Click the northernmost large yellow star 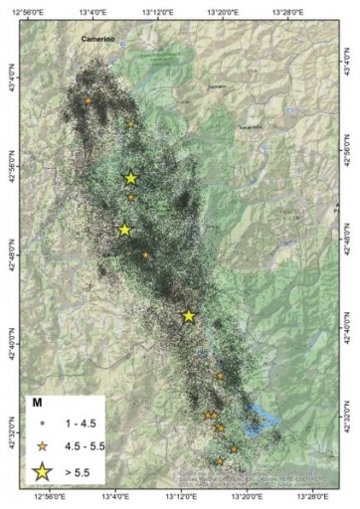click(131, 178)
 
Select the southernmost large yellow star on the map click(189, 316)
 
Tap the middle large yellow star click(124, 230)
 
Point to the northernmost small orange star click(89, 101)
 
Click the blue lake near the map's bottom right click(262, 415)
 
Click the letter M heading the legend click(38, 404)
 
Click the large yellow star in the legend click(44, 471)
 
